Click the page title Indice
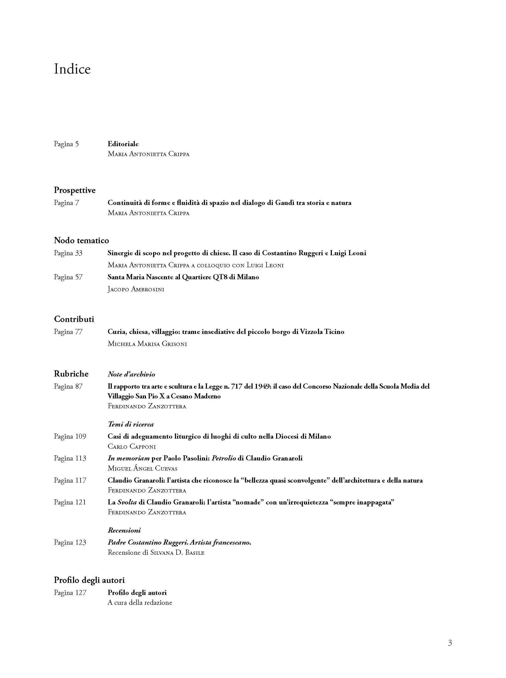coord(72,69)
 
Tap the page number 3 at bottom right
coord(450,642)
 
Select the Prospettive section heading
coord(75,190)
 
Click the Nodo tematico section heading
coord(81,240)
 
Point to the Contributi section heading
coord(74,319)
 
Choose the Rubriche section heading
coord(71,374)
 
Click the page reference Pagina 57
coord(68,277)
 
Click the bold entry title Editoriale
coord(123,144)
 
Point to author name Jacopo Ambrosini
coord(136,289)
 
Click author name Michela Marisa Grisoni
coord(147,344)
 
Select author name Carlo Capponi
coord(132,447)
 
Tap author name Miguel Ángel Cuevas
coord(142,469)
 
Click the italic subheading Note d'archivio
coord(131,374)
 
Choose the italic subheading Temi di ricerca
coord(131,424)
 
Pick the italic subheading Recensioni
coord(124,530)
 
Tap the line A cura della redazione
coord(140,603)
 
